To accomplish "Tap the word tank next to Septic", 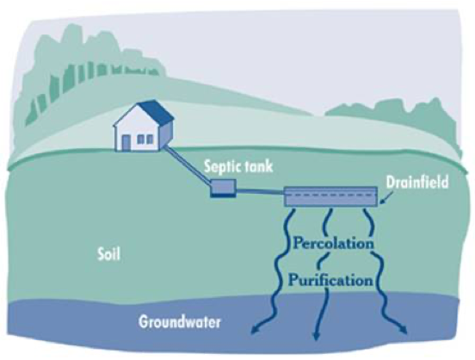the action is coord(260,166).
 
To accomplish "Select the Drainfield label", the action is coord(417,183).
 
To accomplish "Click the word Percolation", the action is coord(334,243).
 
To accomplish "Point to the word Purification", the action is coord(330,280).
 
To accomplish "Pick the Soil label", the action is coord(108,254).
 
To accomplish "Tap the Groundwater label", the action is coord(180,321).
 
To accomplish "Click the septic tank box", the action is coord(223,188).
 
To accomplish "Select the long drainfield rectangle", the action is coord(330,197).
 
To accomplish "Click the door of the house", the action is coord(126,143).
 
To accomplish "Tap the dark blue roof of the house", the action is coord(157,113).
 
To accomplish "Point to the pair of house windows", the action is coord(145,140).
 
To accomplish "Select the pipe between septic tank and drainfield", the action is coord(260,192).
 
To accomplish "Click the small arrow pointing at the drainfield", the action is coord(385,198).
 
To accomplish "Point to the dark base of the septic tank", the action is coord(223,196).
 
